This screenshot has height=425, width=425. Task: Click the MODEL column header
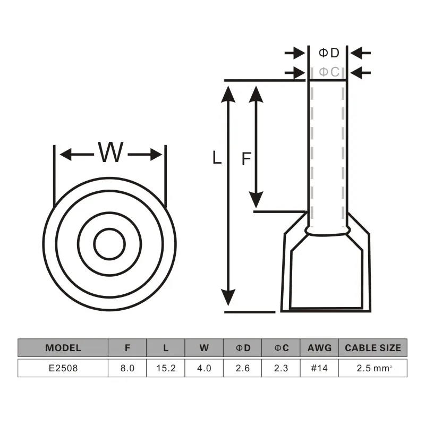coord(63,348)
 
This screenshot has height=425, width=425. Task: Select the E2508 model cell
coord(63,368)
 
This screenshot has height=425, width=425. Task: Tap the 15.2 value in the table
coord(166,368)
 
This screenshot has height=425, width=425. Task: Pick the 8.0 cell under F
coord(127,368)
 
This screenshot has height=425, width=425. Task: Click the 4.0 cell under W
coord(204,368)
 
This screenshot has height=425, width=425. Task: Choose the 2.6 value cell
coord(243,368)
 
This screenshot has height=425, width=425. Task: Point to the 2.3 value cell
coord(281,368)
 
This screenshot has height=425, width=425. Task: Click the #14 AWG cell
coord(319,368)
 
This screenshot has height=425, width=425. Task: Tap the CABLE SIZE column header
coord(373,348)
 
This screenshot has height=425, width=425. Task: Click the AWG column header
coord(319,348)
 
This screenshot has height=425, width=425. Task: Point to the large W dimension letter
coord(110,152)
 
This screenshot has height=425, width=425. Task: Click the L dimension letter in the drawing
coord(217,157)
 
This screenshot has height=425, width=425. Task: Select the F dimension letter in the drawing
coord(246,159)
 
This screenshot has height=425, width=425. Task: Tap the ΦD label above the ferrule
coord(329,53)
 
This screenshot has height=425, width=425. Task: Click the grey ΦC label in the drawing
coord(329,72)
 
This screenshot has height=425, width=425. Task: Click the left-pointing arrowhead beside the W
coord(65,155)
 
